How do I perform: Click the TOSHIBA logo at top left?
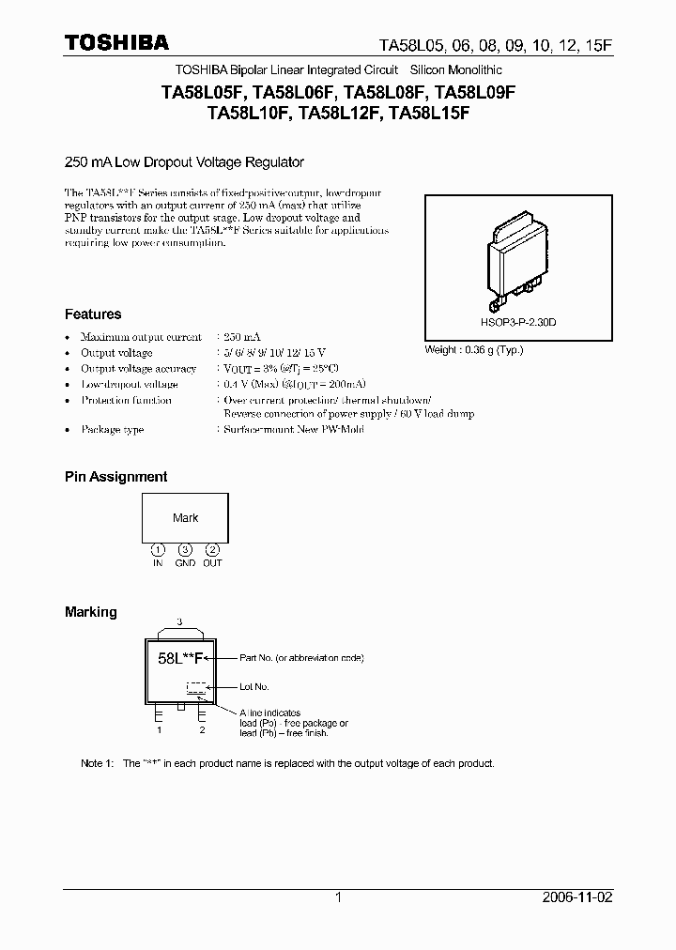116,43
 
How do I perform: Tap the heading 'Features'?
93,314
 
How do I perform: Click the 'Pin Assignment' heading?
115,477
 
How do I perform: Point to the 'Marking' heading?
91,612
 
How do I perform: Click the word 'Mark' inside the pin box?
185,518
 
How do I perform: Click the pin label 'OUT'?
213,563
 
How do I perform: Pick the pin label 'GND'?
185,563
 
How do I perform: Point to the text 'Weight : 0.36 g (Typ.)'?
474,350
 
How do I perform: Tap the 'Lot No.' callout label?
254,687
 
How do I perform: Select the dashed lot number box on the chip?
196,687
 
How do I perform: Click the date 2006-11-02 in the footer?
577,897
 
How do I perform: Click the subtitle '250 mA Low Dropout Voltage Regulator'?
184,162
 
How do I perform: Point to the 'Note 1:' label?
97,763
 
